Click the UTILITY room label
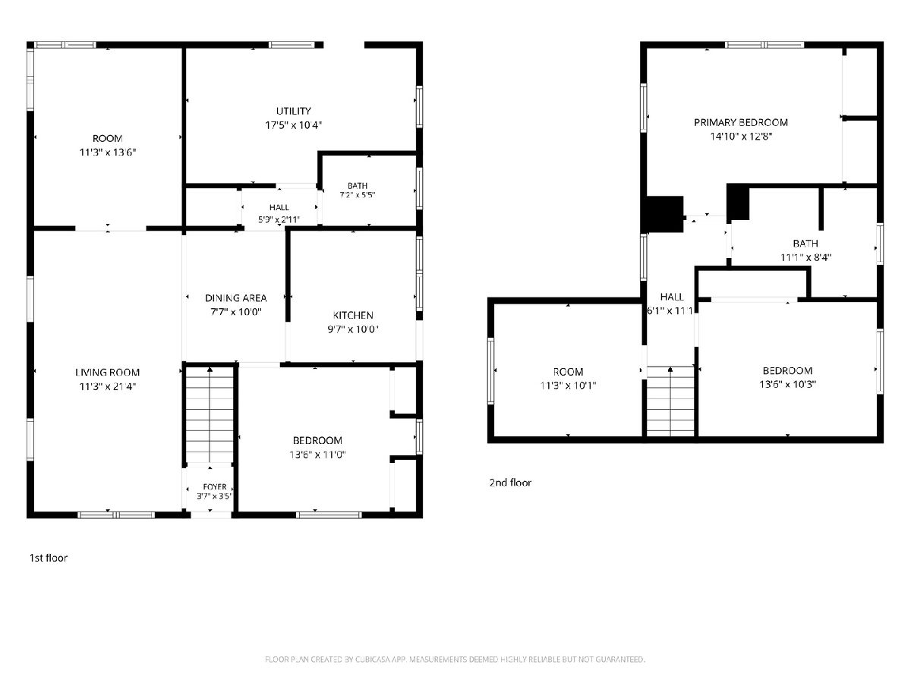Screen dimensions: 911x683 click(294, 111)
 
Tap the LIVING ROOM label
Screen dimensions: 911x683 click(108, 373)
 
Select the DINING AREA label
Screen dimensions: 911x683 click(236, 298)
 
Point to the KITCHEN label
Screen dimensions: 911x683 click(353, 316)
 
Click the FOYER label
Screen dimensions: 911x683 click(215, 486)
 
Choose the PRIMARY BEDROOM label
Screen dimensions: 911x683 click(741, 123)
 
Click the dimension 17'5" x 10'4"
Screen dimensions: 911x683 click(294, 125)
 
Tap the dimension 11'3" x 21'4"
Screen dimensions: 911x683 click(108, 386)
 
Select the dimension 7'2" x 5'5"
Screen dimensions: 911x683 click(358, 195)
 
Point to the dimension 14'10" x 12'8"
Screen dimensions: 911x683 click(741, 137)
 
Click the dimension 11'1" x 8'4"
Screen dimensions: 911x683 click(805, 257)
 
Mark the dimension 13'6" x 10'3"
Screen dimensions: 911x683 click(787, 385)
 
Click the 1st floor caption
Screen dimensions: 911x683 click(49, 559)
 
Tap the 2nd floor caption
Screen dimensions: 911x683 click(510, 483)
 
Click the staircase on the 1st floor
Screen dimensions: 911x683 click(210, 414)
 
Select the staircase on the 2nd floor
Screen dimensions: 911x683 click(670, 401)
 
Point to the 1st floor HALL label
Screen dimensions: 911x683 click(279, 207)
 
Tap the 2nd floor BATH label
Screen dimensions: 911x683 click(805, 244)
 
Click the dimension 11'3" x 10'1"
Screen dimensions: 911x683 click(568, 386)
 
